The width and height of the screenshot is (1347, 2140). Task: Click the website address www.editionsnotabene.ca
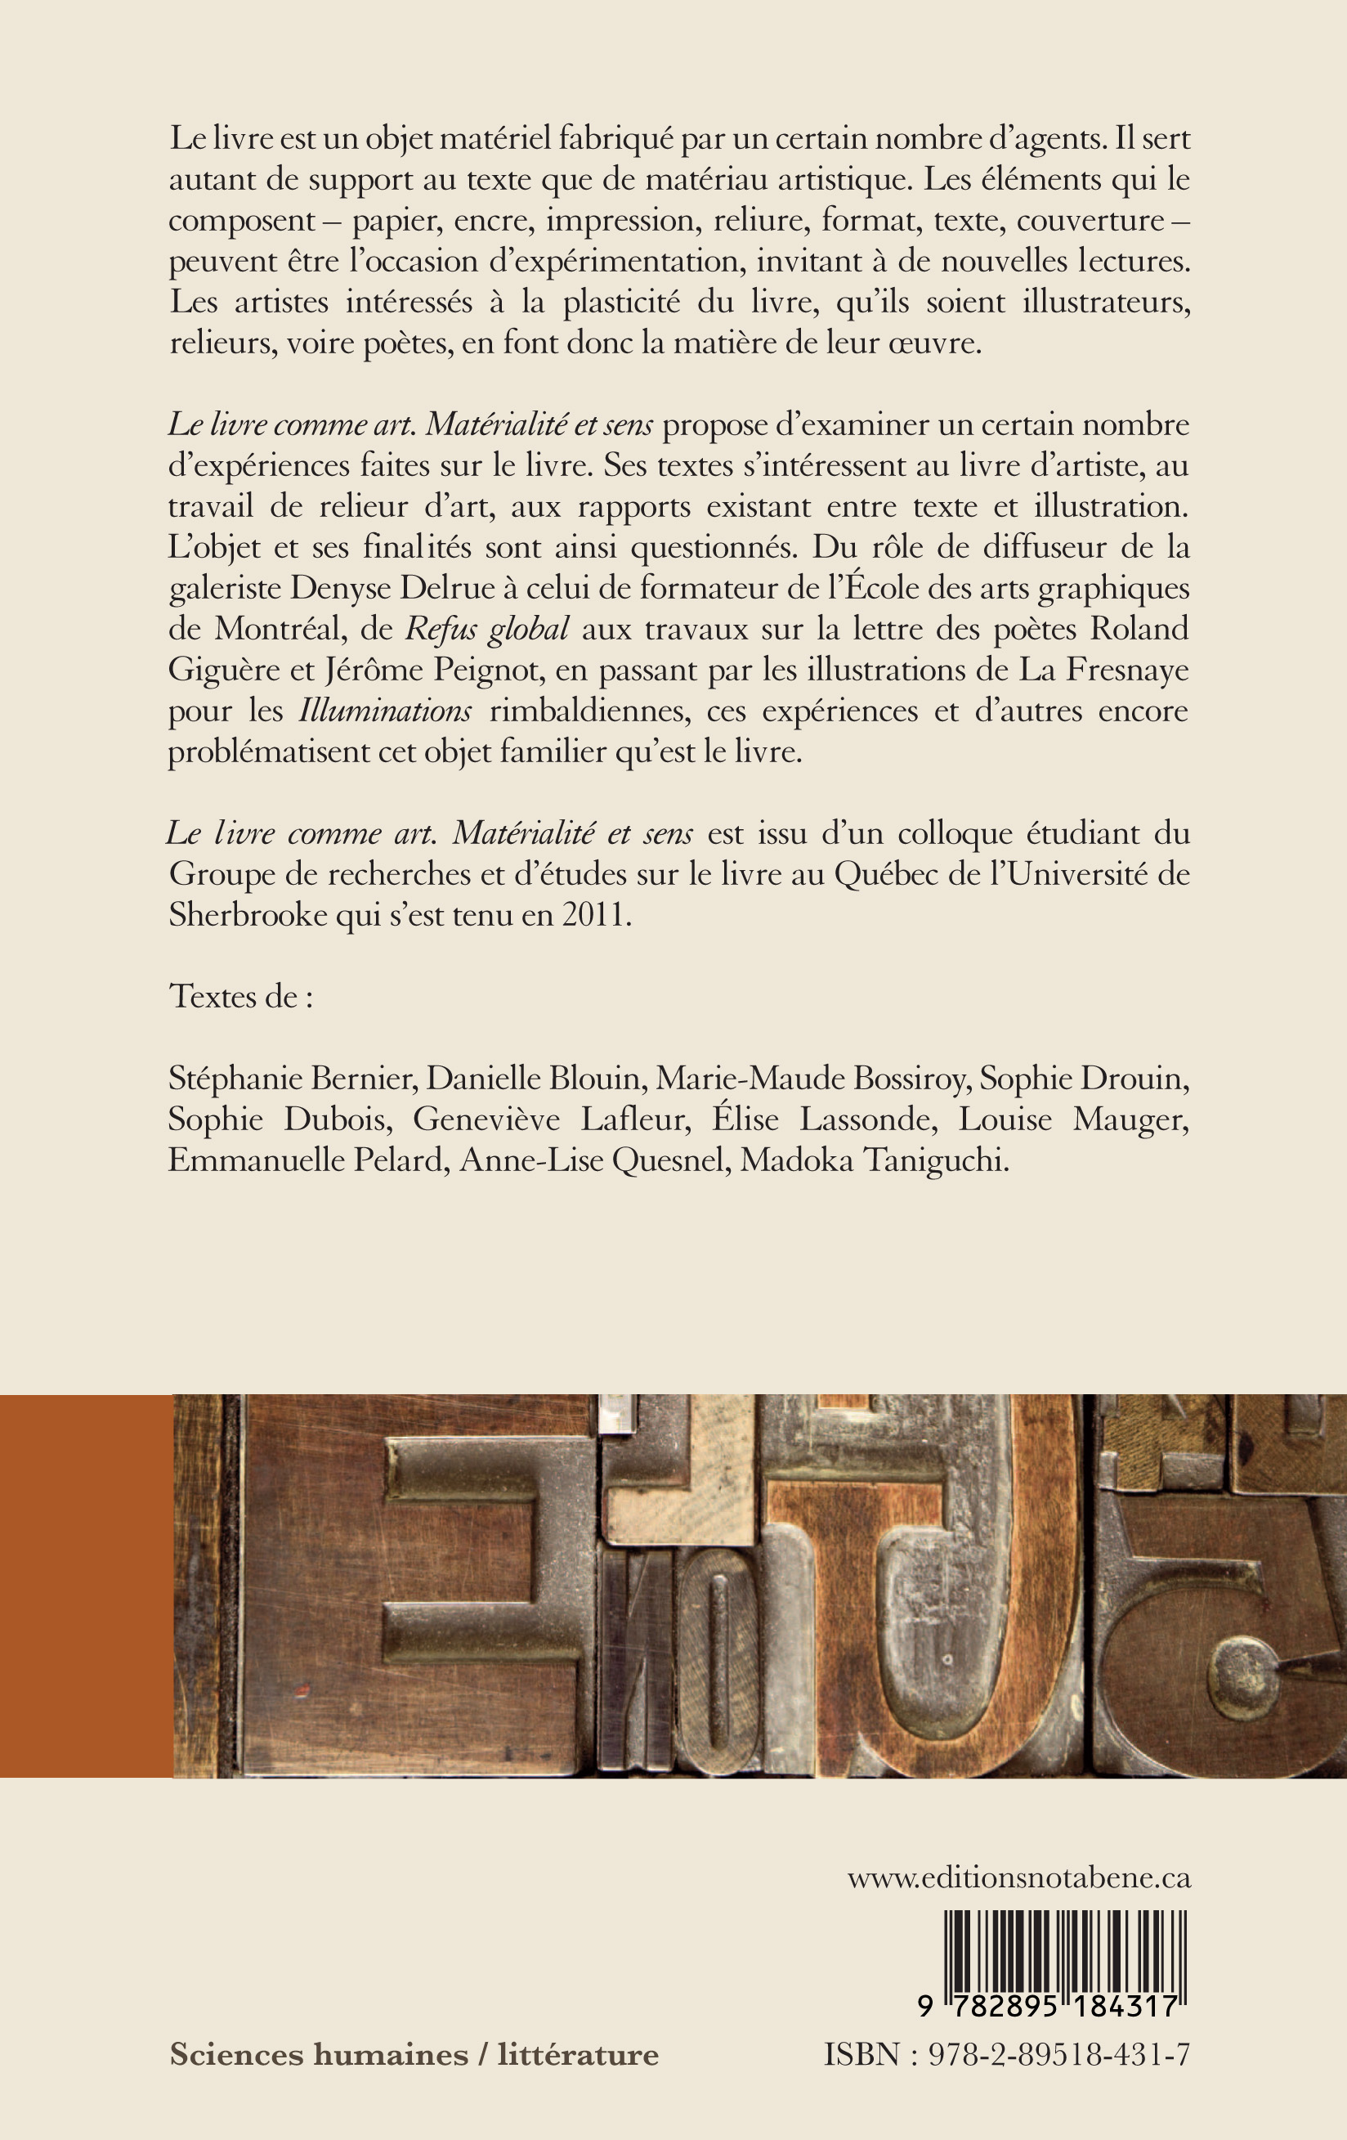click(x=1018, y=1878)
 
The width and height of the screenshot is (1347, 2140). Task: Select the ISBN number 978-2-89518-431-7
click(x=1058, y=2055)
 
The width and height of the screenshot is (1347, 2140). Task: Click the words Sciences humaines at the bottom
click(x=318, y=2055)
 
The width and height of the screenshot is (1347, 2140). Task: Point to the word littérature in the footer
click(x=578, y=2055)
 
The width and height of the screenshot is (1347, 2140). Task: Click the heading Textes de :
click(x=241, y=996)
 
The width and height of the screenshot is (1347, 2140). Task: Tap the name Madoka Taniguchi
click(x=875, y=1160)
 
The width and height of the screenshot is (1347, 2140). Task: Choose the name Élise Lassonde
click(x=824, y=1119)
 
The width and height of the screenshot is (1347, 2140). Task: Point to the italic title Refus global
click(x=487, y=629)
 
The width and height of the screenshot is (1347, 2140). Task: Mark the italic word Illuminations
click(x=386, y=711)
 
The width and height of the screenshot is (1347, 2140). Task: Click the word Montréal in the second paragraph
click(x=278, y=629)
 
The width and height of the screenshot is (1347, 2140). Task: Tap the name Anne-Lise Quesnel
click(x=593, y=1160)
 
